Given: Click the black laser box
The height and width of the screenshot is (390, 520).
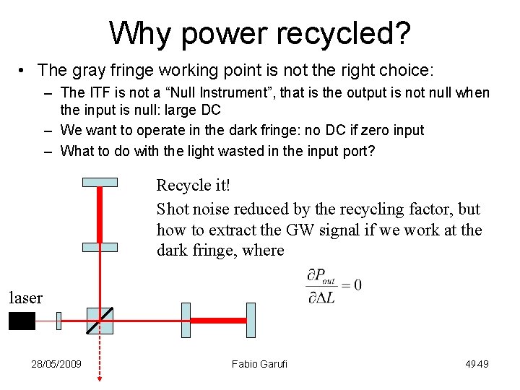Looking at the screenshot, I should click(x=22, y=321).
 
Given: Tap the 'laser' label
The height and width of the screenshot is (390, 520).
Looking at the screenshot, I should click(x=25, y=297).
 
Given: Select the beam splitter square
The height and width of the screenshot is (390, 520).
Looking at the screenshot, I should click(x=100, y=321).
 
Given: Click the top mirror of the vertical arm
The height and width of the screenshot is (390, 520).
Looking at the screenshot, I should click(x=100, y=181).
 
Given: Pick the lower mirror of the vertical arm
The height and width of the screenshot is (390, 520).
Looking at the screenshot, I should click(x=100, y=247).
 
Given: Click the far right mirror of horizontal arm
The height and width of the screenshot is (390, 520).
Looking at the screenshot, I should click(x=251, y=320).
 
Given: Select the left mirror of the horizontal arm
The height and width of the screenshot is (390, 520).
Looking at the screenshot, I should click(x=186, y=320).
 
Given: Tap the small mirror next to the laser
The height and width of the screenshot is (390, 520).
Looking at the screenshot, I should click(x=59, y=321).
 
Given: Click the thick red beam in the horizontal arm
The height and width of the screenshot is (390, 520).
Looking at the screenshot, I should click(x=218, y=320).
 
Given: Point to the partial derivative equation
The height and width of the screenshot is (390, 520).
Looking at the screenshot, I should click(x=334, y=285).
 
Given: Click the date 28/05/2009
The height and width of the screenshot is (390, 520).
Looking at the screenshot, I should click(x=56, y=364).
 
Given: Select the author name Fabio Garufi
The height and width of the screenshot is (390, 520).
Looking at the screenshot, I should click(x=259, y=364).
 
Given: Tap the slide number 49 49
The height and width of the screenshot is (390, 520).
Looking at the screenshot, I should click(x=477, y=364).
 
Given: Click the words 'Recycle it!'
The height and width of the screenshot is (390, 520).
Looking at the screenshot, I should click(x=194, y=186).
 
